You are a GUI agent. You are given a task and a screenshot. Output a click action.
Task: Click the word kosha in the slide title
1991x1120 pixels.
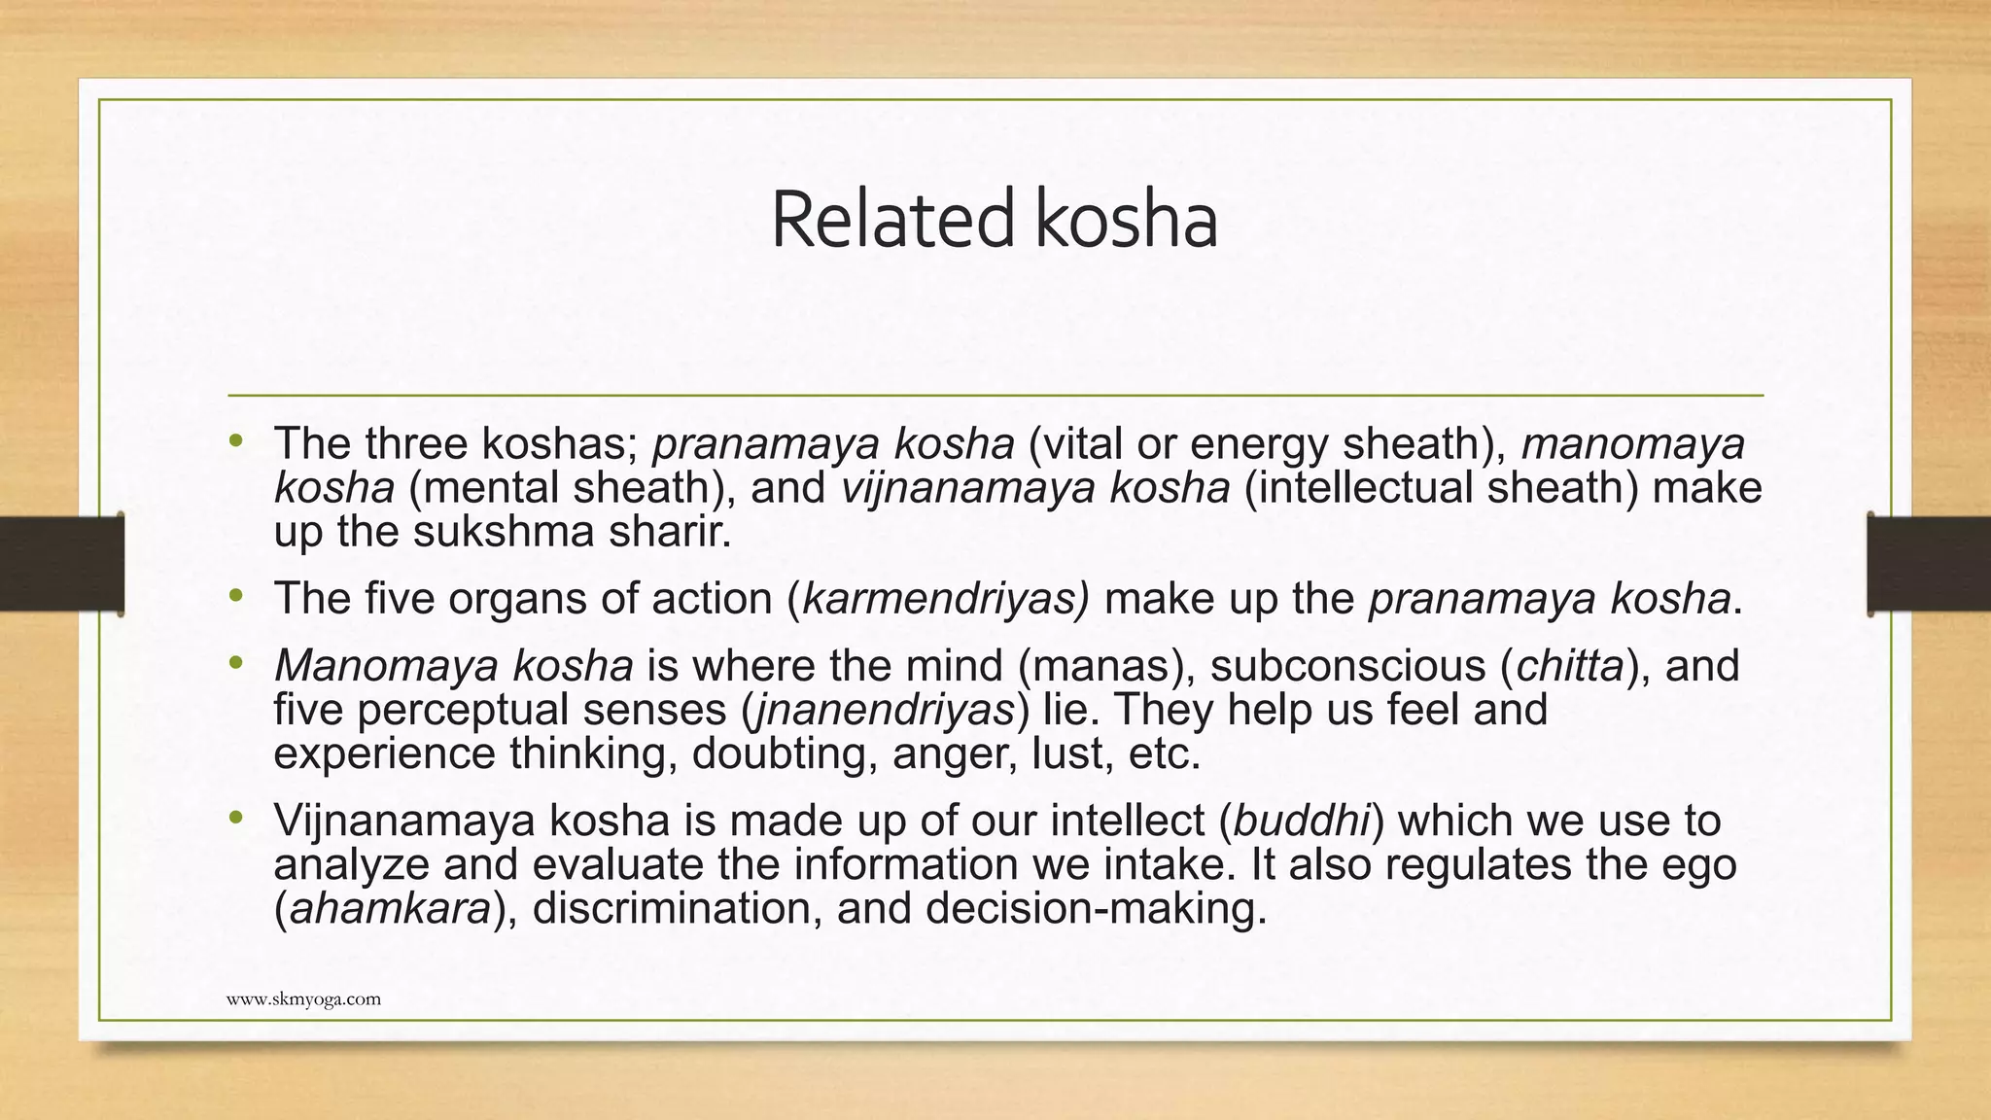click(x=1125, y=221)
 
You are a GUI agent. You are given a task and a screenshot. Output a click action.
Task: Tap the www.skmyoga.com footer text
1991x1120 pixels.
click(x=303, y=998)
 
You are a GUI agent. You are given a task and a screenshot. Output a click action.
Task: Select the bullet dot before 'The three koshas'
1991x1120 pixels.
click(x=235, y=441)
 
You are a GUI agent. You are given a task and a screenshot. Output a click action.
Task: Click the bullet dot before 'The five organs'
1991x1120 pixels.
click(x=235, y=595)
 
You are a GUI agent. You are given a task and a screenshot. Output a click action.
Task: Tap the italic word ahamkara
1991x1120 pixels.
click(x=389, y=908)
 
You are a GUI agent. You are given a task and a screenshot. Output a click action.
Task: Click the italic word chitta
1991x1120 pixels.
click(x=1570, y=666)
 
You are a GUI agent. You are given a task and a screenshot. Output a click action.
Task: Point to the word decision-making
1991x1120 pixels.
click(x=1096, y=908)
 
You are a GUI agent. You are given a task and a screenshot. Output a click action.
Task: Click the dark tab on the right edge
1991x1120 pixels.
click(x=1929, y=564)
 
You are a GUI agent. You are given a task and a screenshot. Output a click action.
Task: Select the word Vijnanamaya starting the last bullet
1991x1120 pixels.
click(x=404, y=821)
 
